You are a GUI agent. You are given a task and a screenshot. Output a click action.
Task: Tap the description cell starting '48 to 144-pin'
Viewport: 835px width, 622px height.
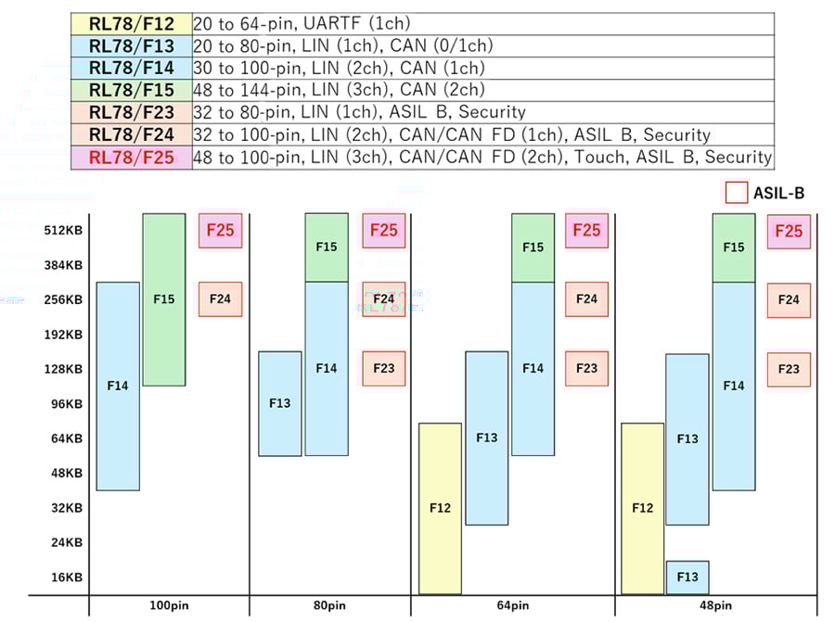[482, 90]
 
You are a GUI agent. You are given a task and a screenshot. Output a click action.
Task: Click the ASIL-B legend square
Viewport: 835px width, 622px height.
[737, 193]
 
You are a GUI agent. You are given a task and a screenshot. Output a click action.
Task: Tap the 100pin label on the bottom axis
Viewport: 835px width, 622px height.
[169, 605]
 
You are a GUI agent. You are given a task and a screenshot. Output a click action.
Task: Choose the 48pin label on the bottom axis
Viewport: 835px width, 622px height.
[714, 605]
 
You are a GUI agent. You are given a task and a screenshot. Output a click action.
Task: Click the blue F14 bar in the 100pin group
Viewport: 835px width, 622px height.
[118, 386]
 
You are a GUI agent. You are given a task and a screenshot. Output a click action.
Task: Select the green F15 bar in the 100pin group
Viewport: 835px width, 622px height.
[164, 299]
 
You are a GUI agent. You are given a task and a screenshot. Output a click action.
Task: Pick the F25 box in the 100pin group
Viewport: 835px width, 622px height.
[220, 231]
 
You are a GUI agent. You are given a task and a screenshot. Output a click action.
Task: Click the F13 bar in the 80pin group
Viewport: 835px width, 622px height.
[279, 403]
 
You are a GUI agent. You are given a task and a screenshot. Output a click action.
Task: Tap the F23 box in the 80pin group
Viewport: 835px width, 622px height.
[384, 368]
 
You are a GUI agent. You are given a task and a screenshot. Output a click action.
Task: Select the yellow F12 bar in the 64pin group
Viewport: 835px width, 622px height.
[440, 508]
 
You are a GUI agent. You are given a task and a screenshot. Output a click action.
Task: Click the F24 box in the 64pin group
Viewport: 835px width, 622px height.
[586, 299]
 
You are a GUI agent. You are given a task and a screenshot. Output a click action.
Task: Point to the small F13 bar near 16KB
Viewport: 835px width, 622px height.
[687, 577]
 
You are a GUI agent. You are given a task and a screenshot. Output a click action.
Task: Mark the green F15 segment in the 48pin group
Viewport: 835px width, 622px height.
[734, 248]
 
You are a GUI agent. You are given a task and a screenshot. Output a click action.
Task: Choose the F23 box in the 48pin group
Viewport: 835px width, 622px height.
[789, 369]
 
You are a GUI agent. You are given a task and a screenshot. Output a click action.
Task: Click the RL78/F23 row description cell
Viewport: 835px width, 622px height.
[482, 112]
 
